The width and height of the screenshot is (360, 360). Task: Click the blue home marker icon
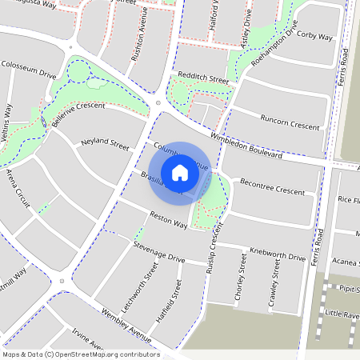click(x=180, y=173)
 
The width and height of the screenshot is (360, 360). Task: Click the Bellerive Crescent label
click(x=78, y=115)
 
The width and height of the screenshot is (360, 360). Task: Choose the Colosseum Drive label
click(x=29, y=68)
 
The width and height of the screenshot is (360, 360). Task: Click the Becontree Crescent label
click(x=273, y=186)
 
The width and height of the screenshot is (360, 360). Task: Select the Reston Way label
click(x=169, y=220)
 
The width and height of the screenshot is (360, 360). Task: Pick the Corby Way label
click(x=314, y=37)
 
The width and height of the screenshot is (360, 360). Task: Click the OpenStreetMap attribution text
click(x=80, y=354)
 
